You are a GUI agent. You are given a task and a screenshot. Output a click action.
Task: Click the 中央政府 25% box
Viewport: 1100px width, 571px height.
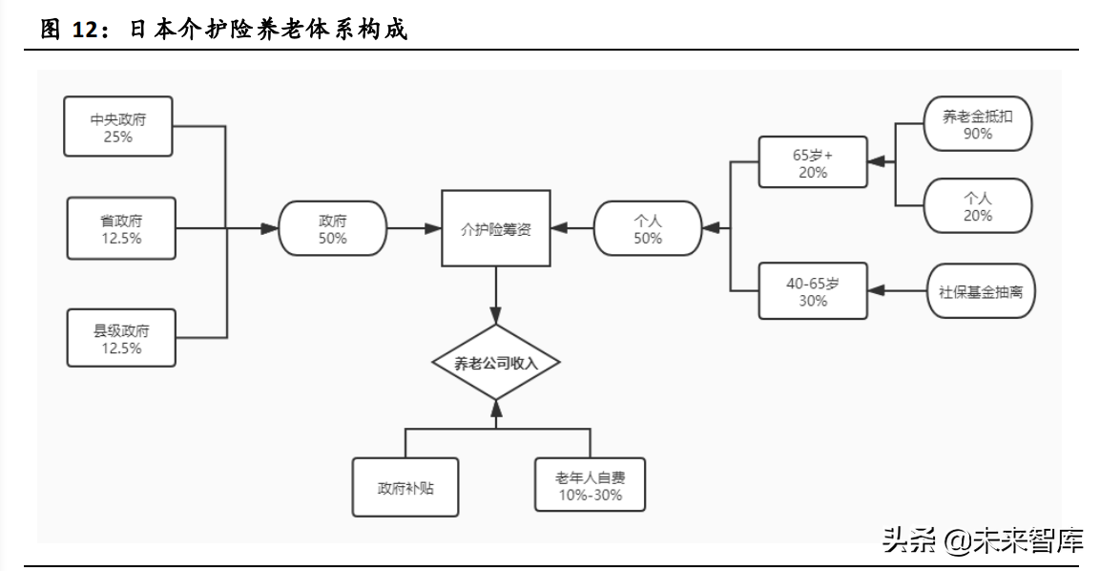tap(117, 126)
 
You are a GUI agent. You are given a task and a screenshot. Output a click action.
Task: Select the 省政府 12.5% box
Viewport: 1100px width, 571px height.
tap(121, 228)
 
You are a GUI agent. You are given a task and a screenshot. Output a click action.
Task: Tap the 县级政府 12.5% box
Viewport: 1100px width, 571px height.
tap(121, 338)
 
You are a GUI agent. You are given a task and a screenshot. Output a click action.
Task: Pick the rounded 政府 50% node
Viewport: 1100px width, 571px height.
tap(332, 228)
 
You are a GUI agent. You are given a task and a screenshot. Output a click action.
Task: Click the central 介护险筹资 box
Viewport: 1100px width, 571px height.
tap(496, 228)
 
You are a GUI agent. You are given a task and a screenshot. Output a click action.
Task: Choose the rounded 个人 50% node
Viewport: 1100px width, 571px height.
tap(647, 228)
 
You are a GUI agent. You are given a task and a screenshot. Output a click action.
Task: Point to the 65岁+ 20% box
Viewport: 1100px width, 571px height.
tap(813, 161)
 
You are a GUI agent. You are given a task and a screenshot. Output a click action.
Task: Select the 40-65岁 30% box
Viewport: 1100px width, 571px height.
tap(813, 290)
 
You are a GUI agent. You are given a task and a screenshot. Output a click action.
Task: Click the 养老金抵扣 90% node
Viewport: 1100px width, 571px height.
tap(979, 125)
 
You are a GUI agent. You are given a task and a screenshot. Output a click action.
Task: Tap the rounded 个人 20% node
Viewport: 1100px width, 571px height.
tap(979, 206)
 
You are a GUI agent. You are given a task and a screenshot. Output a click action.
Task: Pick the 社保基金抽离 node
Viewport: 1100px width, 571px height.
tap(981, 290)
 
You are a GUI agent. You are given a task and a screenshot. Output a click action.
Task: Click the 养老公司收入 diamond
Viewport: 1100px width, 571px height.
tap(496, 362)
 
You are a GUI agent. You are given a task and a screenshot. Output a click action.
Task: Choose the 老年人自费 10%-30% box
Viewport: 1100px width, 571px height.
tap(590, 485)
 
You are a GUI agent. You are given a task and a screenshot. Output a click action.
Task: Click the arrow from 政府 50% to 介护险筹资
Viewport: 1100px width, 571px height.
tap(414, 228)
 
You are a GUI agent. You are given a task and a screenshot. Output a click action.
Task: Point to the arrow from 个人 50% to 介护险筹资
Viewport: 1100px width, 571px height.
tap(572, 228)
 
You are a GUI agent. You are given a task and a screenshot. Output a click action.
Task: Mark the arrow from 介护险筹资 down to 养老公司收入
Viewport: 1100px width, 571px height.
tap(496, 296)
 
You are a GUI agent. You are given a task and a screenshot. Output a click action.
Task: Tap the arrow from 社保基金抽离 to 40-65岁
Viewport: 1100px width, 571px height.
tap(897, 290)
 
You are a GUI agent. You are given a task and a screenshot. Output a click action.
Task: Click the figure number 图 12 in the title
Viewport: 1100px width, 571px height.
tap(72, 31)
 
